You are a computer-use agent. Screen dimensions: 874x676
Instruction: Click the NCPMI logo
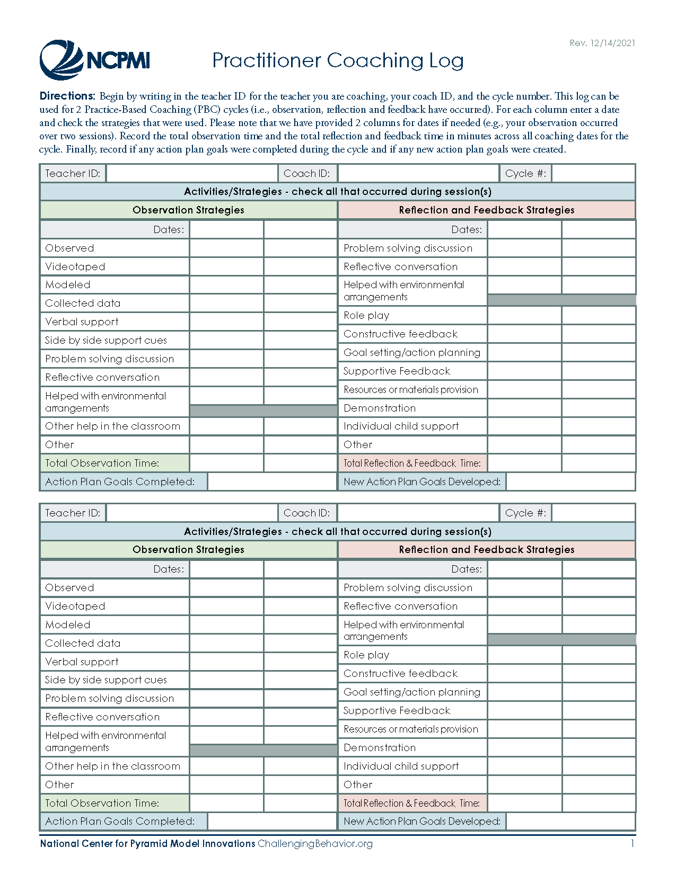94,60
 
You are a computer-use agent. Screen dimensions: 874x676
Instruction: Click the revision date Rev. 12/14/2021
602,43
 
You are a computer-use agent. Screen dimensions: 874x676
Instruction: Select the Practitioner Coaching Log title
338,60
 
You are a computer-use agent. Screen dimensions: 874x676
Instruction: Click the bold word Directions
67,96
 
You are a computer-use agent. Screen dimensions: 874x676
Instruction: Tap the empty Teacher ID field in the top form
191,173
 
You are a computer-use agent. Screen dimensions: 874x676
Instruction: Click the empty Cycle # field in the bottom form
593,513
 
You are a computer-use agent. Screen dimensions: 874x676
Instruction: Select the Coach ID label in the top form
306,173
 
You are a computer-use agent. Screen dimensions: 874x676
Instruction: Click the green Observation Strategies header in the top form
188,210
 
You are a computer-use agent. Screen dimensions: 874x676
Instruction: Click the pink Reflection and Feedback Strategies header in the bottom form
486,549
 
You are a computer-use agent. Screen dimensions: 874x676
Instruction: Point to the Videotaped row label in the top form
75,266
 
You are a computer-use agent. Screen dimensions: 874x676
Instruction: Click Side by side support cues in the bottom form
106,680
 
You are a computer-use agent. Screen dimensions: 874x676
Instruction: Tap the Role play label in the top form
366,315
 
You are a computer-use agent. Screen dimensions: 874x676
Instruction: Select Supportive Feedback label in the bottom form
397,710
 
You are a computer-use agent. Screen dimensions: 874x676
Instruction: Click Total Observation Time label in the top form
102,463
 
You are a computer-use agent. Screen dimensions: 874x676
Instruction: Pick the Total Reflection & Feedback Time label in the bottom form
411,803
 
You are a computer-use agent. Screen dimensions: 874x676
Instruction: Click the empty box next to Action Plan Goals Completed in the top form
272,481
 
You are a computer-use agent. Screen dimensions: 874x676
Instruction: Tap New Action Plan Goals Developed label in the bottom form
422,821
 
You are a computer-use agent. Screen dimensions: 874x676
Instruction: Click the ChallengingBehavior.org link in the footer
315,843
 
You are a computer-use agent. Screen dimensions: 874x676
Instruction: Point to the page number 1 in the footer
632,843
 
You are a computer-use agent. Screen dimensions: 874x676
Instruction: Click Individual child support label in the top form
401,426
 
